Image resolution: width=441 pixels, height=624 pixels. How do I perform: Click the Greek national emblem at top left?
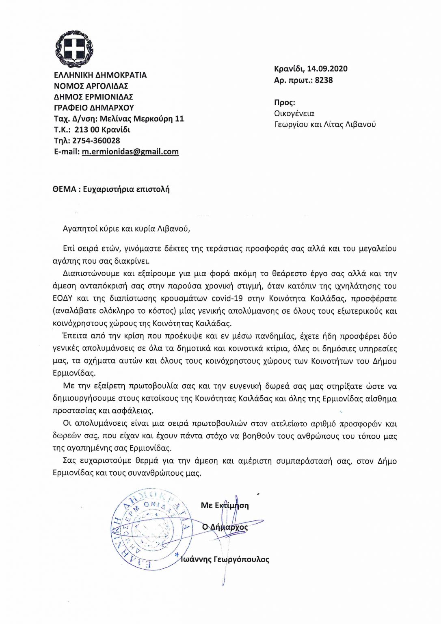point(74,49)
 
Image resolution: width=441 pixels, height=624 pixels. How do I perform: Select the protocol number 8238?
point(324,80)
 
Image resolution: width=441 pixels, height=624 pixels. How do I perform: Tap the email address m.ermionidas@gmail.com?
point(130,152)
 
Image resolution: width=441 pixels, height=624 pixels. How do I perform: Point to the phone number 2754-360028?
point(96,141)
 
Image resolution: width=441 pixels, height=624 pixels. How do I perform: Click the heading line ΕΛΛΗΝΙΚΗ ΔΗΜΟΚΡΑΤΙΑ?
point(100,75)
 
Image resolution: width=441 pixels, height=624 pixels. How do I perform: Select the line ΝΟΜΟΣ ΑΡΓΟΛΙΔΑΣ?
point(91,86)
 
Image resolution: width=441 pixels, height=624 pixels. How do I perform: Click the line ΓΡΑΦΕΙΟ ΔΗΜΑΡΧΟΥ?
point(94,108)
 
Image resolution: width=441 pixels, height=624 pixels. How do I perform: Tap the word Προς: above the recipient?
point(285,102)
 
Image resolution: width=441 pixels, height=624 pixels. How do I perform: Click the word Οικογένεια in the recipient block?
point(294,113)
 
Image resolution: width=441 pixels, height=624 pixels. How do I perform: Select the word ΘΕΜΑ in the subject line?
point(64,189)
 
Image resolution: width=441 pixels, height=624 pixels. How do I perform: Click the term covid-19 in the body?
point(227,299)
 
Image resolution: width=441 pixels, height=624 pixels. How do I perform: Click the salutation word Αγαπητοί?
point(79,228)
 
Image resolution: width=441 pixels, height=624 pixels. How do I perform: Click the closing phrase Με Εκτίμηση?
point(225,505)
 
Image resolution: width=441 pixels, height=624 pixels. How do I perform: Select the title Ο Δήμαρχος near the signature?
point(225,527)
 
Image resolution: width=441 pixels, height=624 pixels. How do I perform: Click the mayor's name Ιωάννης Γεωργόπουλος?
point(225,559)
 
